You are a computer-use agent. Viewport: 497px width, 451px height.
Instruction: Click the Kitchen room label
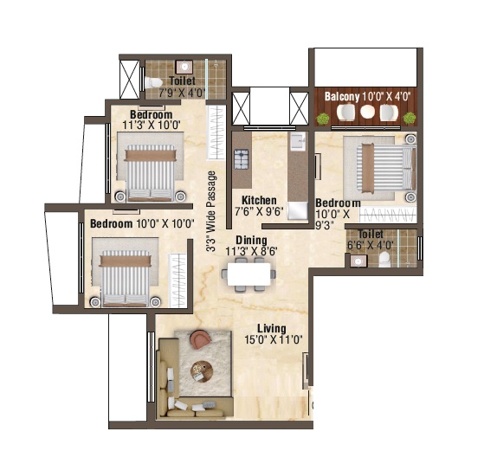click(x=259, y=200)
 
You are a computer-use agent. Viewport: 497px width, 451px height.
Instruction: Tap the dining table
click(x=249, y=274)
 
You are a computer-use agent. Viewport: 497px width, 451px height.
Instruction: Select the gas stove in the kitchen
click(x=242, y=159)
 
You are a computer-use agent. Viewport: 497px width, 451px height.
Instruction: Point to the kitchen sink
click(x=298, y=141)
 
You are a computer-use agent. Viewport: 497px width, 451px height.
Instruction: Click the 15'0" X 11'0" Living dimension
click(x=274, y=339)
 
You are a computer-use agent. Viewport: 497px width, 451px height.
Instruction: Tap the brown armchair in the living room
click(x=200, y=338)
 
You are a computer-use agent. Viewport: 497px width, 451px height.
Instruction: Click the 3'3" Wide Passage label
click(x=210, y=211)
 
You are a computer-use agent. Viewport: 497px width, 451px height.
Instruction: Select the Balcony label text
click(x=342, y=96)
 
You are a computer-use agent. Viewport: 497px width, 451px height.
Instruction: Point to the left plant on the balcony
click(x=323, y=119)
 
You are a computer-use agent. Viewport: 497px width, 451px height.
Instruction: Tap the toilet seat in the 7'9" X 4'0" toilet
click(x=154, y=83)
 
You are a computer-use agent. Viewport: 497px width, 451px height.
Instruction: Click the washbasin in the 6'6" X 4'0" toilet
click(x=358, y=261)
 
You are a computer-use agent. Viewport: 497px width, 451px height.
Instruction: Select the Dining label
click(x=251, y=240)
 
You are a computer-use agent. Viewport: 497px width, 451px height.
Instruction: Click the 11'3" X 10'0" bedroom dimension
click(x=152, y=125)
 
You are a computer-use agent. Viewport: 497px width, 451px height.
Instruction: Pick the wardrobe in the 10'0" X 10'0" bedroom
click(x=177, y=280)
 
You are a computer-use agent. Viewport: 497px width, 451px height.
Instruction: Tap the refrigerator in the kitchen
click(x=297, y=210)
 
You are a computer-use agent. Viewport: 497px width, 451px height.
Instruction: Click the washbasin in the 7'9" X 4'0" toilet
click(x=184, y=67)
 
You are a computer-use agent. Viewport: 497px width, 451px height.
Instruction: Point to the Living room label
click(x=272, y=328)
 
